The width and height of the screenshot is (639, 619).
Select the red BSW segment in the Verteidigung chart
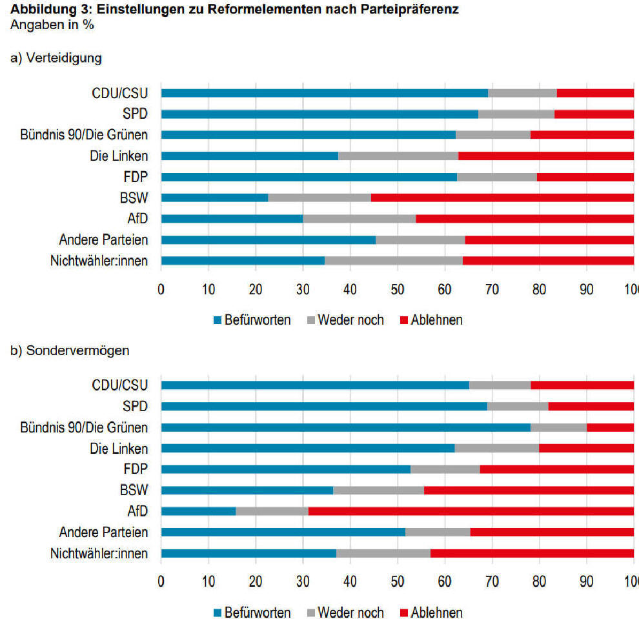point(502,198)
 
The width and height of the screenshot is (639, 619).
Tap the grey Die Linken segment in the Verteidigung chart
point(398,156)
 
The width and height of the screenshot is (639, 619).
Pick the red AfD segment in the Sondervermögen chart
point(471,511)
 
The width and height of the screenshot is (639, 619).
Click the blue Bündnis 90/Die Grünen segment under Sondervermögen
point(345,427)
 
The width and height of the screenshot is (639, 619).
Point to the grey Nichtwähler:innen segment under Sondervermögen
point(383,553)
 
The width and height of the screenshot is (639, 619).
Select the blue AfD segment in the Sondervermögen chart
point(198,511)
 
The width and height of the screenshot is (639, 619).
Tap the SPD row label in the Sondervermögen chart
point(135,407)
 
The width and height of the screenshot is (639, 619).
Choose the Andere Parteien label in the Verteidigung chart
point(103,240)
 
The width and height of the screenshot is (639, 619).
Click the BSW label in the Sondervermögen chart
point(133,491)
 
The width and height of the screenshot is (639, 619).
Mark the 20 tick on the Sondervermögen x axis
point(256,582)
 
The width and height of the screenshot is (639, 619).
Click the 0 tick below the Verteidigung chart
point(161,289)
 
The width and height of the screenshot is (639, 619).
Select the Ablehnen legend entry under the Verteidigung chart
point(431,320)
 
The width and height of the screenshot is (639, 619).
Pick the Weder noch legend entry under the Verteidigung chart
point(345,320)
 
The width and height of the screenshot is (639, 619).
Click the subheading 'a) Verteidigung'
point(56,58)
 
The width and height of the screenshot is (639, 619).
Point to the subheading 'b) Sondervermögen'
point(70,350)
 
